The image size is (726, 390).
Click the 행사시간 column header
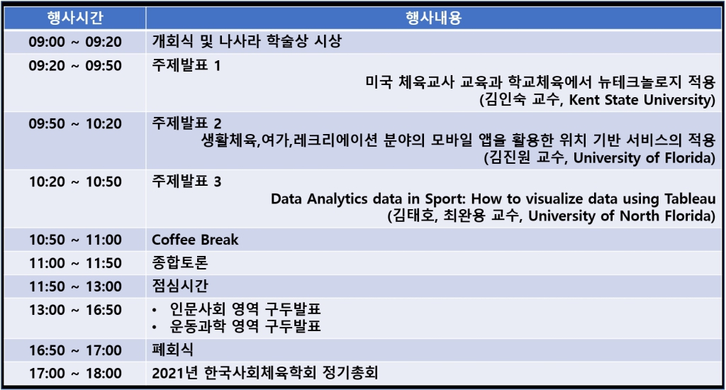click(75, 18)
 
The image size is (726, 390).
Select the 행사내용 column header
click(434, 18)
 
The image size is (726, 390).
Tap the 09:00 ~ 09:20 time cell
click(75, 42)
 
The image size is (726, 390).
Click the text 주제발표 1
click(186, 65)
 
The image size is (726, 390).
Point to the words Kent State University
click(640, 99)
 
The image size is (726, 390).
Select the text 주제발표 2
click(186, 123)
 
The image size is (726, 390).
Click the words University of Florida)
click(644, 158)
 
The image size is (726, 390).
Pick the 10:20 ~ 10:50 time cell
click(75, 182)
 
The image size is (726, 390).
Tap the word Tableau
click(691, 199)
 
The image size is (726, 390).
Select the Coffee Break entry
click(195, 240)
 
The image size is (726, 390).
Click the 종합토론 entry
click(180, 262)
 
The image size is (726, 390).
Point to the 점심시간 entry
click(180, 286)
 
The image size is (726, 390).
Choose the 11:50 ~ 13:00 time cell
click(75, 286)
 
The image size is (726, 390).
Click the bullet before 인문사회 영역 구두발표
click(155, 310)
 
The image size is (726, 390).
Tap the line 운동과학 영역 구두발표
click(245, 327)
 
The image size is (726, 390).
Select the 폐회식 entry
click(173, 350)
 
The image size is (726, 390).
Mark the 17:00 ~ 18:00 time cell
click(75, 373)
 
